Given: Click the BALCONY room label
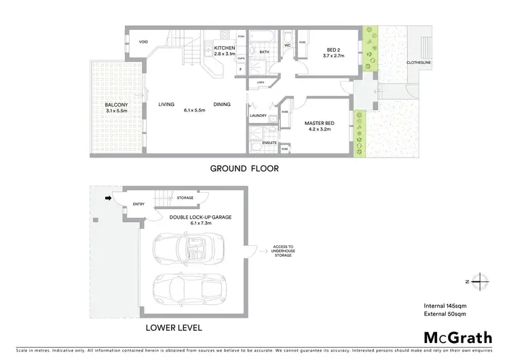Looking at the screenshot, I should [113, 105].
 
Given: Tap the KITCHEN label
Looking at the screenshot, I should [225, 48].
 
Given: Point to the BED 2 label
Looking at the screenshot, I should [333, 50].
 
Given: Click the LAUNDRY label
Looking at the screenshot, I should [258, 115].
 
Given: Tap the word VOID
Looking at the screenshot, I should [143, 42].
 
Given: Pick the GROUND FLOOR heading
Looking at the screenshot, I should [244, 168].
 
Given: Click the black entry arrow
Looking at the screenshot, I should [107, 199].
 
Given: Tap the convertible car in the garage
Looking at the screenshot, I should [185, 250].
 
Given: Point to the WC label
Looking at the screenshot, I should [288, 46].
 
